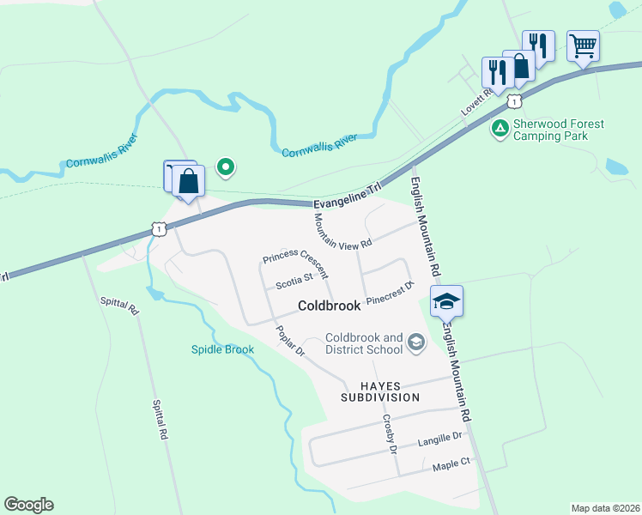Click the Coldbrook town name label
point(329,306)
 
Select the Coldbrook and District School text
point(364,343)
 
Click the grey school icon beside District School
point(416,343)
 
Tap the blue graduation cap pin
point(446,301)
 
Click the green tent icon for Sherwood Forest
point(499,130)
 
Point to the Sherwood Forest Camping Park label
point(558,130)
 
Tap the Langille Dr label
point(439,439)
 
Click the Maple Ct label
point(452,463)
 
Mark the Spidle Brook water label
point(222,349)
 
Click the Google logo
point(28,504)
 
